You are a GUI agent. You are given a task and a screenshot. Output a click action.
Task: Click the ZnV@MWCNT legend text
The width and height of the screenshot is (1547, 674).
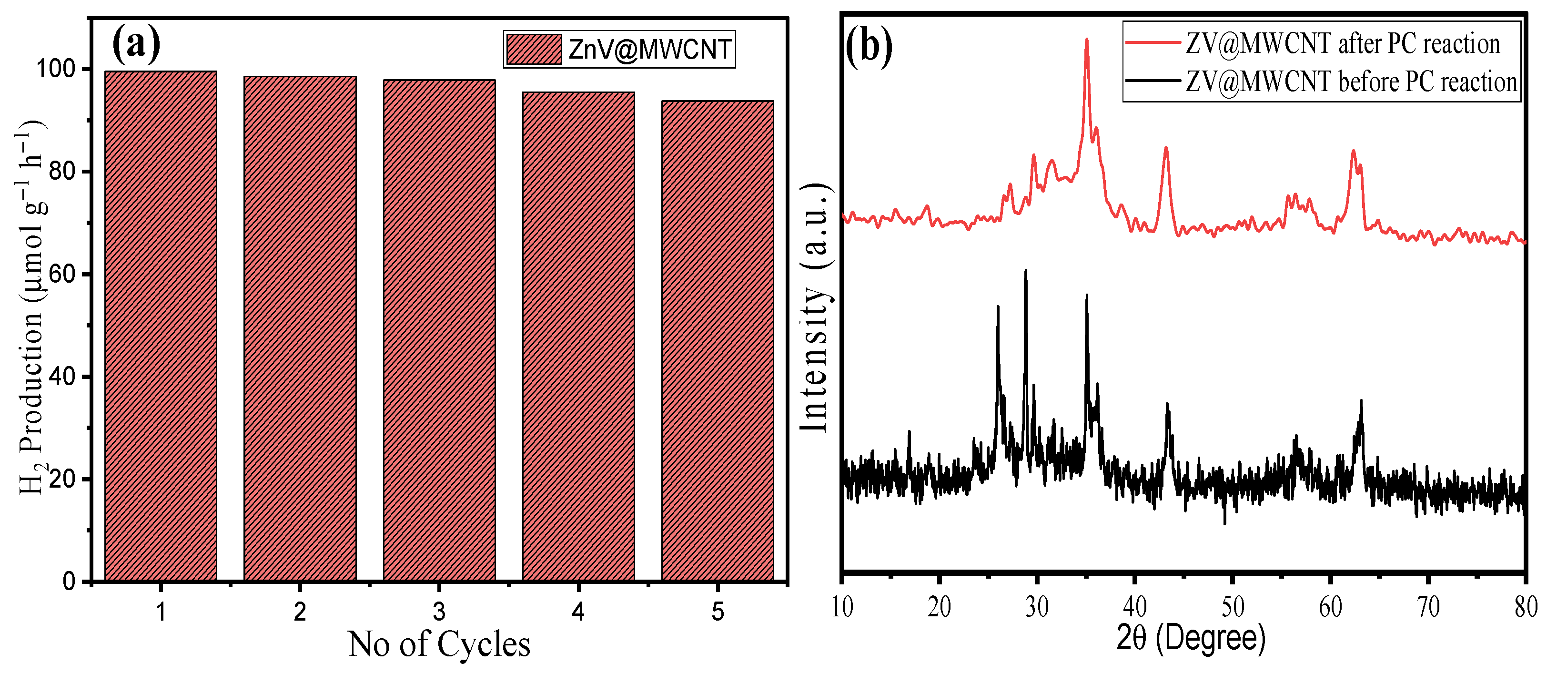click(x=650, y=49)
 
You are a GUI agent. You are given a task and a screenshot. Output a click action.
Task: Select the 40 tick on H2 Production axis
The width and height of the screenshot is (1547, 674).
click(x=61, y=377)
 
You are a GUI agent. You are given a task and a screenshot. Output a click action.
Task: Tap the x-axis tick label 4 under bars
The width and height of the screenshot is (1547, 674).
click(x=578, y=612)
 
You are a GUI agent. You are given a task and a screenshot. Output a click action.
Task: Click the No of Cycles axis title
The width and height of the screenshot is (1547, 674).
click(x=439, y=644)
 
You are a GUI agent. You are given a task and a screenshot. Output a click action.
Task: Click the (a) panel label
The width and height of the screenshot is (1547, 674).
click(x=136, y=43)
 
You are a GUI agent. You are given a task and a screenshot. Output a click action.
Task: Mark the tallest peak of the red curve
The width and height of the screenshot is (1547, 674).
click(x=1086, y=40)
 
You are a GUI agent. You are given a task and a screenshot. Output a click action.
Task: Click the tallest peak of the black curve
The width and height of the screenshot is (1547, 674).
click(x=1026, y=271)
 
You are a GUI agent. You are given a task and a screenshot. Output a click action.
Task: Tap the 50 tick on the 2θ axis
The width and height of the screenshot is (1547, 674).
click(x=1233, y=607)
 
